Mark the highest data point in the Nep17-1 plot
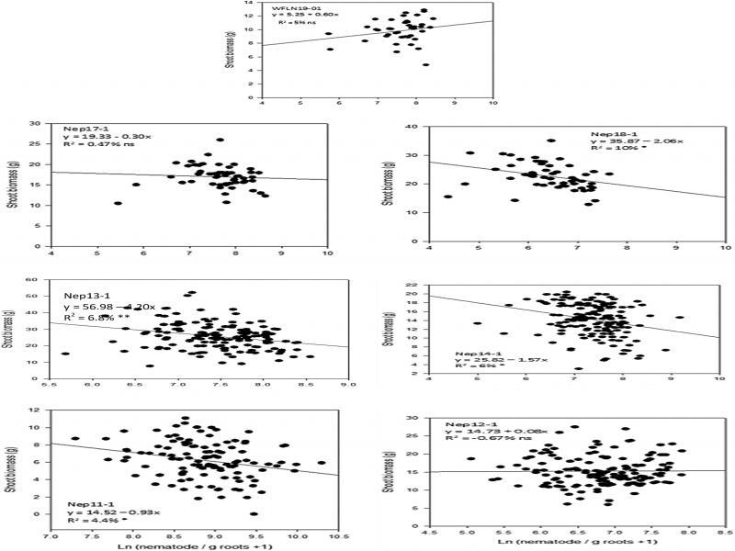[220, 141]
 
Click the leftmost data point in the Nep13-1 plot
[65, 354]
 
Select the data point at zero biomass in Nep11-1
[254, 514]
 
